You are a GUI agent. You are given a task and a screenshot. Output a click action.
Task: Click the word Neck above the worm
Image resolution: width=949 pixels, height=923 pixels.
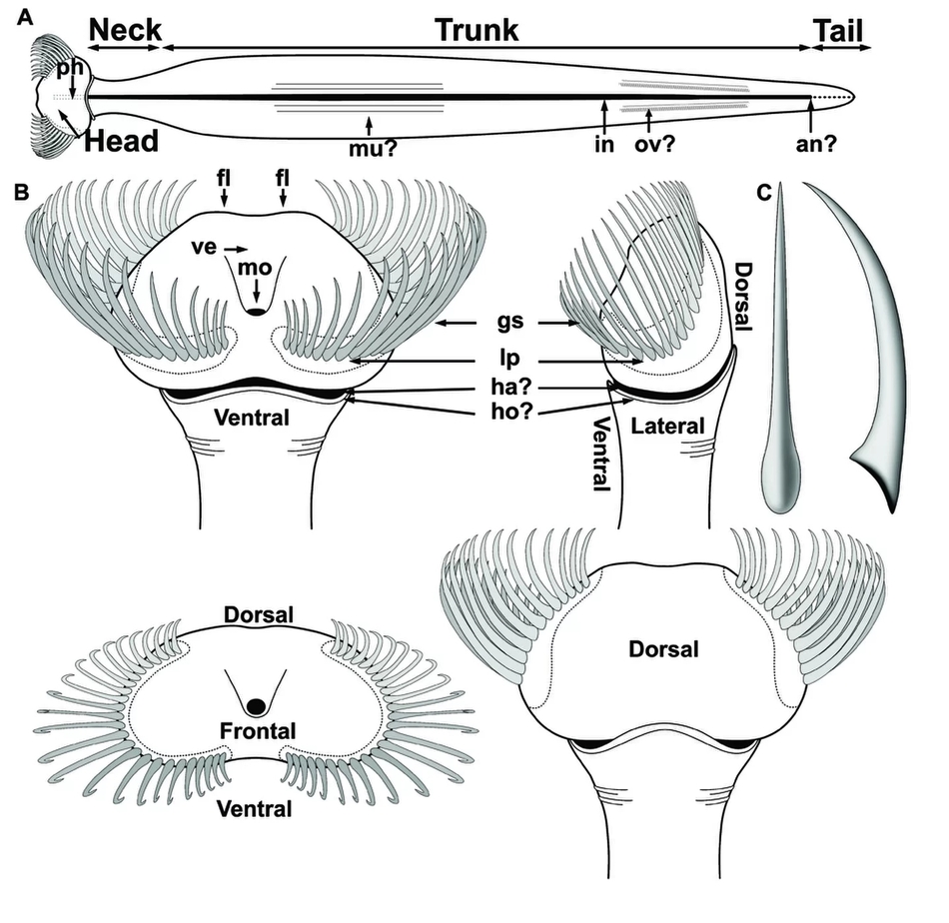click(x=125, y=30)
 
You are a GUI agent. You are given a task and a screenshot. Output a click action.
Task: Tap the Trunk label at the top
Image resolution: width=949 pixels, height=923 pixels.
click(x=476, y=30)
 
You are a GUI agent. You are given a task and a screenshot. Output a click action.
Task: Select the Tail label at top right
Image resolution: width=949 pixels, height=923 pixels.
click(x=838, y=31)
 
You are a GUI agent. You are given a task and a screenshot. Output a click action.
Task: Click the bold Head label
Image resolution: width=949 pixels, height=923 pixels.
click(x=121, y=141)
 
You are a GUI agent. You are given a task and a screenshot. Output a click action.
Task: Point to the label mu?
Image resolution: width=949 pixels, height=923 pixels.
click(x=373, y=148)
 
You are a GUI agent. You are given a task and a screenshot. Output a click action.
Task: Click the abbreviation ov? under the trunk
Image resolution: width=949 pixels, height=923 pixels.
click(x=654, y=144)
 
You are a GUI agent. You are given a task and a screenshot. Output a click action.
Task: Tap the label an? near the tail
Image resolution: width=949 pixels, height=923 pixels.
click(x=816, y=144)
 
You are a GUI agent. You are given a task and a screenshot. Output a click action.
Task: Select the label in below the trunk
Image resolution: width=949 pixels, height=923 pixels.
click(x=604, y=144)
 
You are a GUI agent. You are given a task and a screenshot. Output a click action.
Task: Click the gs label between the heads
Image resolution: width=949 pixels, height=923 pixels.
click(x=509, y=322)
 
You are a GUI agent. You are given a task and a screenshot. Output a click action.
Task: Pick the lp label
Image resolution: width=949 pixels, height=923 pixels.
click(x=509, y=359)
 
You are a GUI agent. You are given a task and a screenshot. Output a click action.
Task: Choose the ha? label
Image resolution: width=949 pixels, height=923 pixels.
click(x=510, y=386)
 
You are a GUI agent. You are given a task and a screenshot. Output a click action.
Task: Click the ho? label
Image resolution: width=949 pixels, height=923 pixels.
click(x=512, y=412)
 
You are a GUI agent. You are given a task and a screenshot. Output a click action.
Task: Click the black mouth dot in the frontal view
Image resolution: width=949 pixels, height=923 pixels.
click(x=257, y=705)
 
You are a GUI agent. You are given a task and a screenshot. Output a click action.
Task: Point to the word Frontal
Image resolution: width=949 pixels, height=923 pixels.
click(x=257, y=731)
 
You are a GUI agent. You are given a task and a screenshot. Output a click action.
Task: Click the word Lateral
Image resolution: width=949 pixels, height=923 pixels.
click(x=667, y=427)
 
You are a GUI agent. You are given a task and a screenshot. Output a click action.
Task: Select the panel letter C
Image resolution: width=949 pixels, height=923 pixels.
click(x=764, y=193)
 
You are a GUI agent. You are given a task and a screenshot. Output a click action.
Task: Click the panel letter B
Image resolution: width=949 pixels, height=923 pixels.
click(x=21, y=193)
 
